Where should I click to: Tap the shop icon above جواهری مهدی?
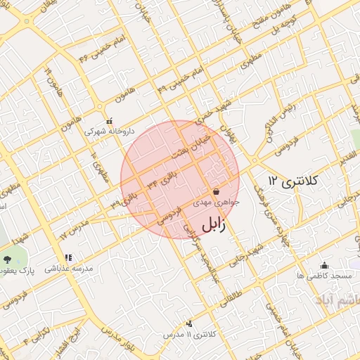point(215,191)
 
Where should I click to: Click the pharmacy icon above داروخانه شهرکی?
point(108,121)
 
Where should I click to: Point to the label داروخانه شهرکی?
point(108,131)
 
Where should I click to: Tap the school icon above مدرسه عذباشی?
point(68,258)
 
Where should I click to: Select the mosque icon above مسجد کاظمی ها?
point(324,265)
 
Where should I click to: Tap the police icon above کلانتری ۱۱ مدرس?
point(189,323)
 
